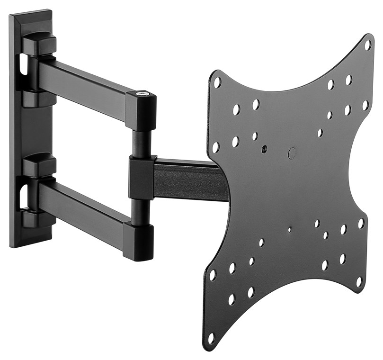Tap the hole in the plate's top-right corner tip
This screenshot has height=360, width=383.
(x=367, y=45)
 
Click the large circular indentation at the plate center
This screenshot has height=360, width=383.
(x=292, y=153)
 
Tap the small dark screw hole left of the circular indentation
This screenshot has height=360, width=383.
(x=264, y=148)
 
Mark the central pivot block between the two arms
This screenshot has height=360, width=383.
(x=141, y=178)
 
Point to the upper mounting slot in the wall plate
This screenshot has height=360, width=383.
(x=22, y=65)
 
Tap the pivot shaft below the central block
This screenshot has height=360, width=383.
(x=141, y=211)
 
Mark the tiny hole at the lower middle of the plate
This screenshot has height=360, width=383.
(x=289, y=230)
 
